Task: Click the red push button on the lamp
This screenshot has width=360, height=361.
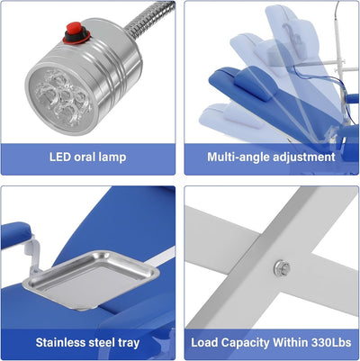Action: pyautogui.click(x=74, y=29)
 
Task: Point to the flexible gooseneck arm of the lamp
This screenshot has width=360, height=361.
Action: pyautogui.click(x=148, y=19)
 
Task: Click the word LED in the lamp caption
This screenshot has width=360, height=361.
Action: pyautogui.click(x=60, y=157)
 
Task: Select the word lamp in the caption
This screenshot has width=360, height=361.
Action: pyautogui.click(x=113, y=158)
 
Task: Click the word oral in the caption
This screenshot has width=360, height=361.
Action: pyautogui.click(x=85, y=157)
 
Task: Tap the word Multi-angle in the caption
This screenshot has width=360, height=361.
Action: pyautogui.click(x=233, y=158)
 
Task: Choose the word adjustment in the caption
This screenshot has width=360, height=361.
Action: pyautogui.click(x=299, y=158)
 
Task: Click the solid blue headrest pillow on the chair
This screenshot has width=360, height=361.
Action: pyautogui.click(x=254, y=83)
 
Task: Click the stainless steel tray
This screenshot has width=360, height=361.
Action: pyautogui.click(x=91, y=279)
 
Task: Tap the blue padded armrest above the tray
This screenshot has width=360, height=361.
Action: pyautogui.click(x=15, y=234)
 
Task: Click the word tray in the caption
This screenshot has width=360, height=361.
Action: pyautogui.click(x=128, y=343)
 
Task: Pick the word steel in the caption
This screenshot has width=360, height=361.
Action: pyautogui.click(x=101, y=342)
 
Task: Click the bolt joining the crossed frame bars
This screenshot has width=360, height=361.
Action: pyautogui.click(x=282, y=267)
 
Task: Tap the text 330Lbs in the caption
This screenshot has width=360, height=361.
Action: pyautogui.click(x=331, y=342)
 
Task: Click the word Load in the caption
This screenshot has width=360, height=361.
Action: pyautogui.click(x=204, y=342)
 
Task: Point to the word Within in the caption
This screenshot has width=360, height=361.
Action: pyautogui.click(x=291, y=342)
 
